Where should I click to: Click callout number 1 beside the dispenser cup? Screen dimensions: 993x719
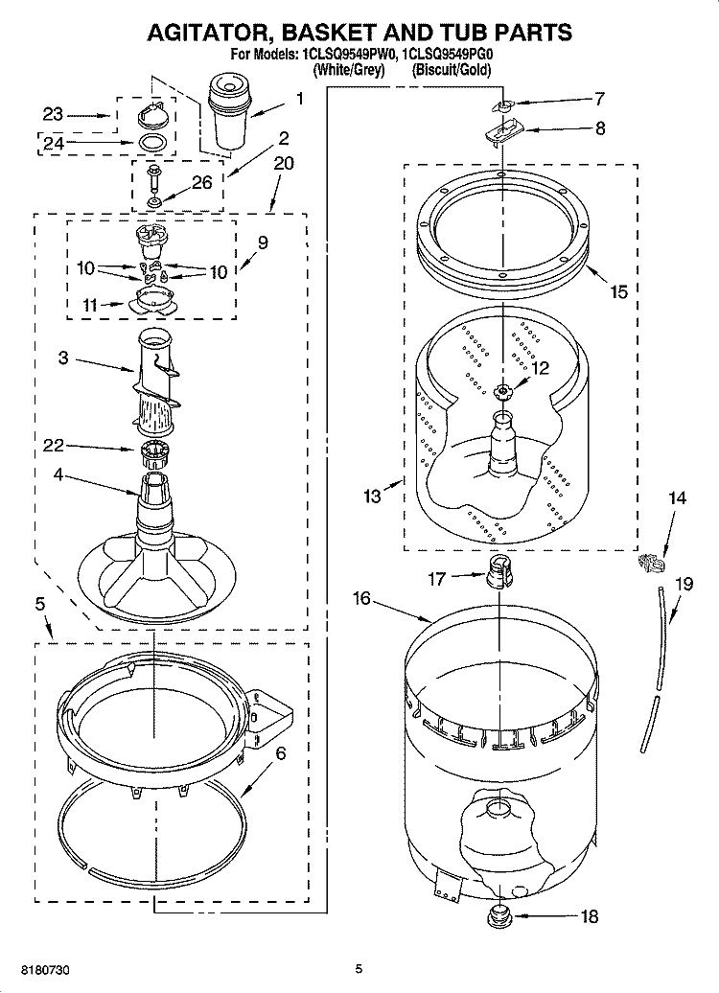[299, 98]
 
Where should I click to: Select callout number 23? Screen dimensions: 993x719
[53, 114]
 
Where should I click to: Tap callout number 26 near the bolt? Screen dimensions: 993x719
[201, 184]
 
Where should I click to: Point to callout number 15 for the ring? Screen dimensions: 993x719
[619, 291]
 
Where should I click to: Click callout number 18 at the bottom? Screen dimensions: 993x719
[589, 916]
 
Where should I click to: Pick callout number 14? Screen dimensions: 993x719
[677, 497]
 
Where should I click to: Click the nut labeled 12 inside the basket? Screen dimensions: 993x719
[501, 390]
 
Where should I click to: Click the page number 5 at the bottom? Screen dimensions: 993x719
[358, 968]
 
